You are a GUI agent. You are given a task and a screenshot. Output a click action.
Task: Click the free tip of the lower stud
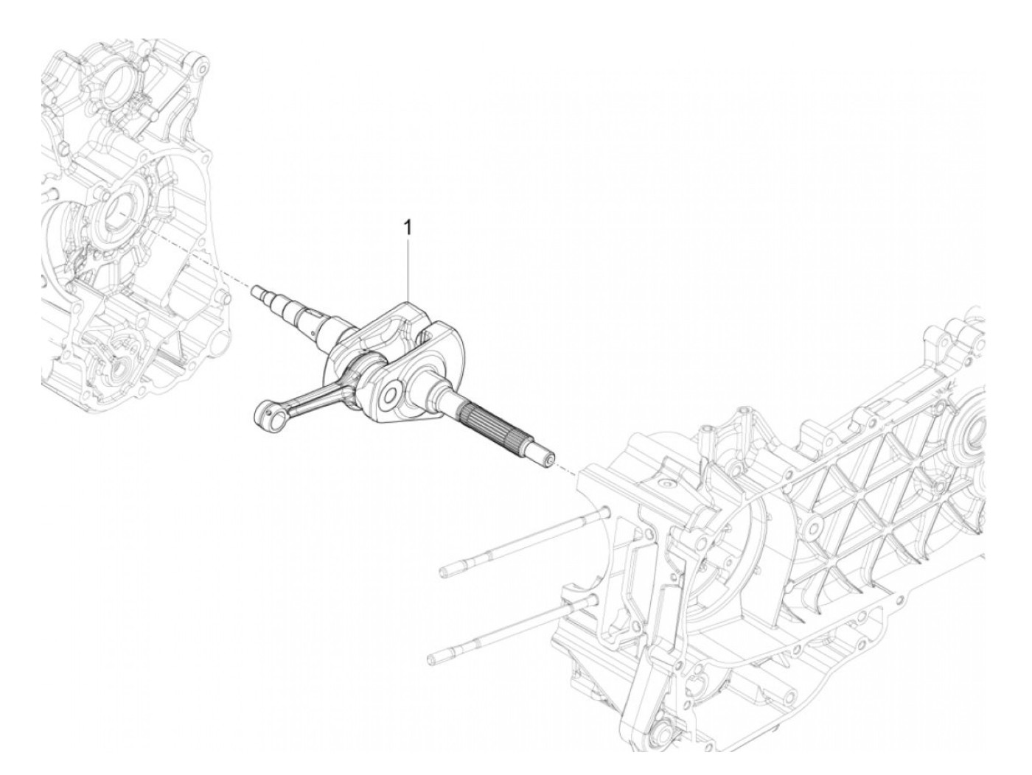(433, 654)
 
